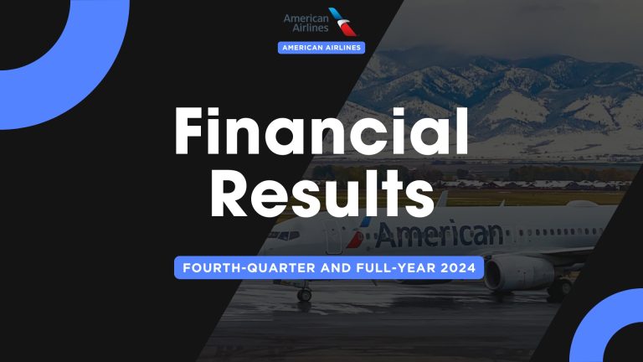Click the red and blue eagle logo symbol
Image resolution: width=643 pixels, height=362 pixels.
pyautogui.click(x=344, y=23)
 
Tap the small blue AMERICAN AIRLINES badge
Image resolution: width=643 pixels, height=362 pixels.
pyautogui.click(x=321, y=48)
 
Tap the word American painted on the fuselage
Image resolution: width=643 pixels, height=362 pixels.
pyautogui.click(x=439, y=234)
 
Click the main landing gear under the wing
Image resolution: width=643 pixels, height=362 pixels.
pyautogui.click(x=555, y=289)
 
